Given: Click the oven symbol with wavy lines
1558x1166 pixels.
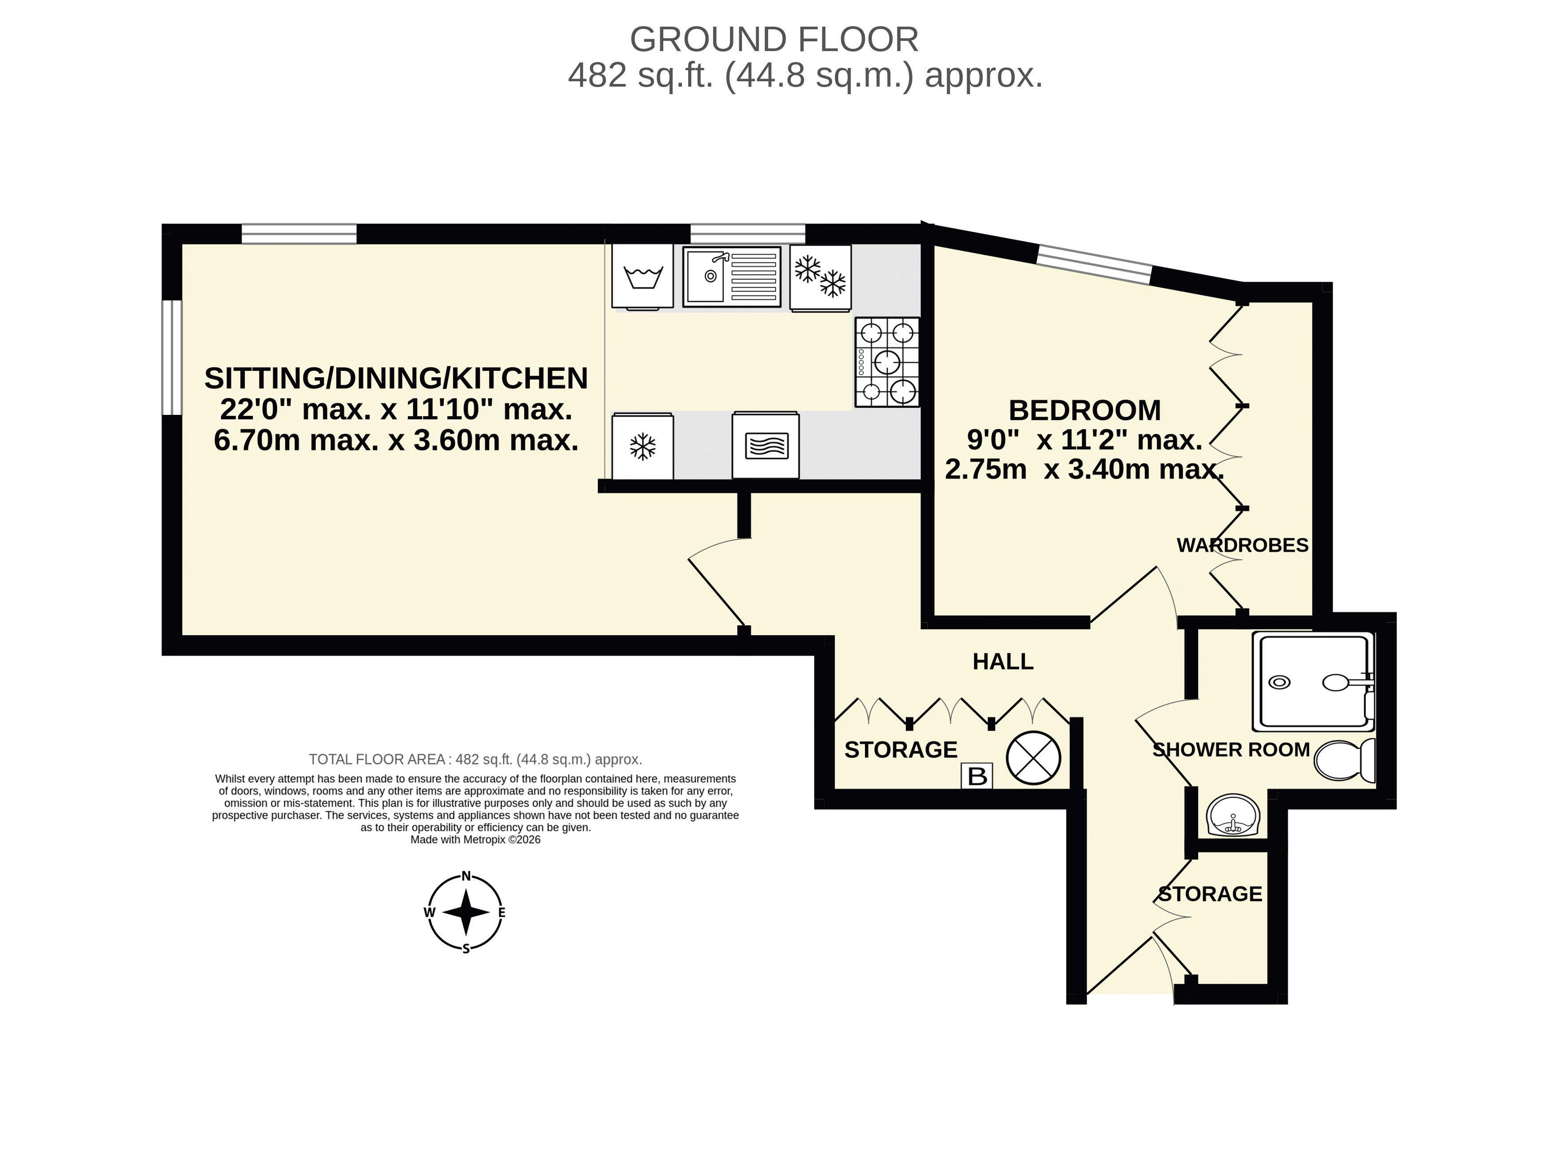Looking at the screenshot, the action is pos(765,445).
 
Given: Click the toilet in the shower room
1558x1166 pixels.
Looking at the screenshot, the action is pos(1345,760).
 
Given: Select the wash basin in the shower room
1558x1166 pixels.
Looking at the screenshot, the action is pos(1233,816).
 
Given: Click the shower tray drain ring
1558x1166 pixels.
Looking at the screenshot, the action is pos(1279,682).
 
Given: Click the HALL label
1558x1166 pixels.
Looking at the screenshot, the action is pos(1003,661).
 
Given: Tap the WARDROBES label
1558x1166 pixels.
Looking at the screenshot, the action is pos(1243,545).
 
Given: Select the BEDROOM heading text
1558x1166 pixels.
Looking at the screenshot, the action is pos(1085,410).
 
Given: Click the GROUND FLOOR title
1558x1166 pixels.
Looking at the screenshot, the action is pos(774,40).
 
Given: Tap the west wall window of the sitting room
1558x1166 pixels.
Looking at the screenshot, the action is pos(172,358).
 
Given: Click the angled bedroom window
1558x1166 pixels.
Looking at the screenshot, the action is pos(1095,264).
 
